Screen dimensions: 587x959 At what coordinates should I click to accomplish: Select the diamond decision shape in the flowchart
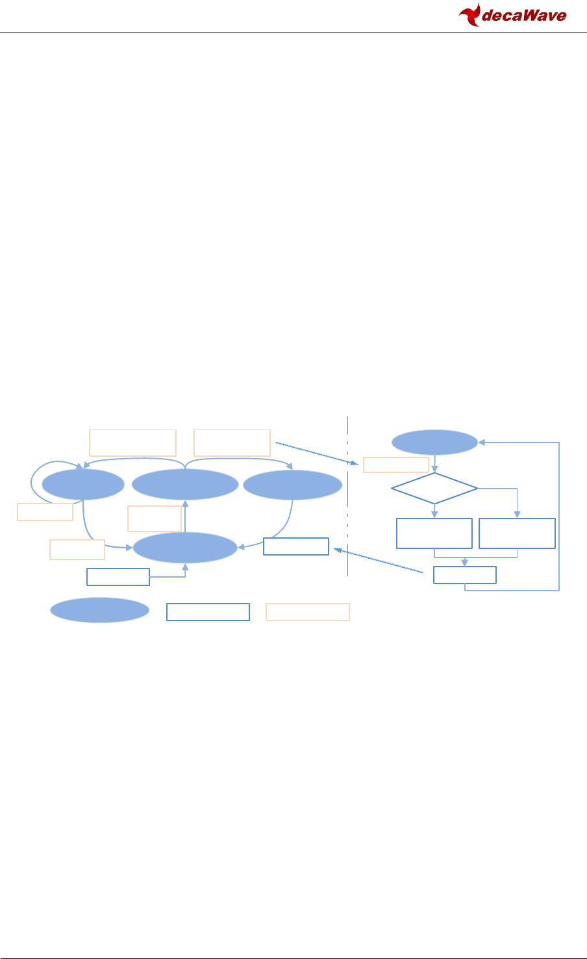pyautogui.click(x=434, y=487)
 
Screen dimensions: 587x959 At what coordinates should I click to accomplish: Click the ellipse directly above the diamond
pyautogui.click(x=434, y=442)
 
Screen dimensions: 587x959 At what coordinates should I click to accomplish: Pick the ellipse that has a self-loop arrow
pyautogui.click(x=83, y=485)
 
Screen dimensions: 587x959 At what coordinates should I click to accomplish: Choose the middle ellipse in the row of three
pyautogui.click(x=186, y=485)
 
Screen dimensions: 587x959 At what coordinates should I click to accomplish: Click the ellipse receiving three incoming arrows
pyautogui.click(x=185, y=548)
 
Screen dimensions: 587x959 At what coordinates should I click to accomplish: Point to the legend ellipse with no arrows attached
pyautogui.click(x=100, y=610)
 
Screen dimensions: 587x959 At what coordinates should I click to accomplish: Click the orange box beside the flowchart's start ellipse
pyautogui.click(x=396, y=465)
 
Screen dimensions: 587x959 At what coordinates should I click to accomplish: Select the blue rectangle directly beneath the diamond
pyautogui.click(x=434, y=533)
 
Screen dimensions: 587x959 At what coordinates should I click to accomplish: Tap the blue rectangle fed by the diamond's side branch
pyautogui.click(x=517, y=533)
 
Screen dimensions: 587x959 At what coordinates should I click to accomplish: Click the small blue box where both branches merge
pyautogui.click(x=465, y=575)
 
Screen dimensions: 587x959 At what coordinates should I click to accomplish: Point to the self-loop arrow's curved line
pyautogui.click(x=32, y=481)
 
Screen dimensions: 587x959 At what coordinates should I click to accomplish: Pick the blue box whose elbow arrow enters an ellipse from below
pyautogui.click(x=118, y=577)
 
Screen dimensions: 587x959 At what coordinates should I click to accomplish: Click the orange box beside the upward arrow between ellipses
pyautogui.click(x=155, y=518)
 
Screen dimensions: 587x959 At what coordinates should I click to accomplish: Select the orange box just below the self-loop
pyautogui.click(x=45, y=512)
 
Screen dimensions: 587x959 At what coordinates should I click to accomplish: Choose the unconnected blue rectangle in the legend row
pyautogui.click(x=208, y=612)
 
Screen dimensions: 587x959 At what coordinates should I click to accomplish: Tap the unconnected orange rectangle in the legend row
pyautogui.click(x=308, y=612)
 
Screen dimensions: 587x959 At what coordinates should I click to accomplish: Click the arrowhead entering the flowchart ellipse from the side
pyautogui.click(x=481, y=442)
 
